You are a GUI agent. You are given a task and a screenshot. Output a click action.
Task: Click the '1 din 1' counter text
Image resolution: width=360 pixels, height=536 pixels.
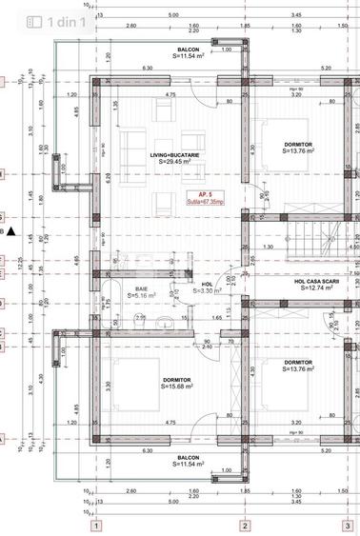[71, 22]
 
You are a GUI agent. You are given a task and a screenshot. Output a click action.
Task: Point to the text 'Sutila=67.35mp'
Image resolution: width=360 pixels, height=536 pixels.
[194, 202]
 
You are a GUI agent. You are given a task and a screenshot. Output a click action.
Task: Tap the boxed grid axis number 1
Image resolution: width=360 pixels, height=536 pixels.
[95, 525]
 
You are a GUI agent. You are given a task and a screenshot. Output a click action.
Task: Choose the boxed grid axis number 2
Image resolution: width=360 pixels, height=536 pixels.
[245, 525]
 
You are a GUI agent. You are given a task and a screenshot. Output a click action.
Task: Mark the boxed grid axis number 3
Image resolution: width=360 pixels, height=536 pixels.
[348, 525]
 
